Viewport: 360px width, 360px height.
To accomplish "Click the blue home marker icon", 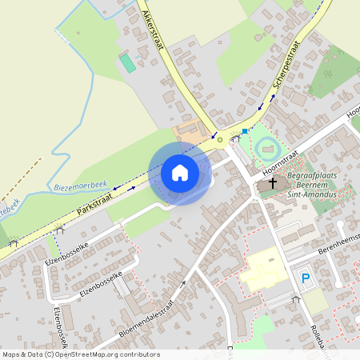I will (x=180, y=173).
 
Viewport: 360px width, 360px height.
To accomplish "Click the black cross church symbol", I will (x=273, y=184).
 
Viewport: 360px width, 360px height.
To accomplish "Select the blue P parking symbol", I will (x=305, y=278).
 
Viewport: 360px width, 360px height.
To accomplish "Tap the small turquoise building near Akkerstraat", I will (x=127, y=63).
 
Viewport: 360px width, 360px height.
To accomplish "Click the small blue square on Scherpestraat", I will (x=244, y=130).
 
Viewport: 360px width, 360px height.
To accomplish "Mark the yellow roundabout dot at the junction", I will (x=220, y=140).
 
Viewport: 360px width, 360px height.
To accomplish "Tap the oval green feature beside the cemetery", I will (x=266, y=147).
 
